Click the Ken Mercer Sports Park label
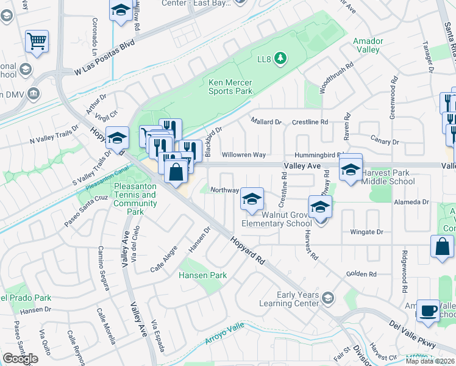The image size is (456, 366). [x=230, y=86]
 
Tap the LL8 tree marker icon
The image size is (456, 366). [x=280, y=59]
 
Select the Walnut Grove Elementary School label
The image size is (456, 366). [x=277, y=219]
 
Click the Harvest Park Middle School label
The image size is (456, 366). [x=388, y=177]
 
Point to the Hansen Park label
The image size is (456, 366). [x=202, y=275]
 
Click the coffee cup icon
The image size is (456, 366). [x=428, y=310]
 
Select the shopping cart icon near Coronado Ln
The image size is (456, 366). [x=37, y=42]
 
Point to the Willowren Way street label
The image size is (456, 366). [x=243, y=155]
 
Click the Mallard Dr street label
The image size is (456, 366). [x=266, y=121]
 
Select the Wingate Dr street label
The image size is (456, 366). [x=366, y=232]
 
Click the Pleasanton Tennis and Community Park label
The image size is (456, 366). [x=135, y=198]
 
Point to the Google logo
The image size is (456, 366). [x=20, y=359]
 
